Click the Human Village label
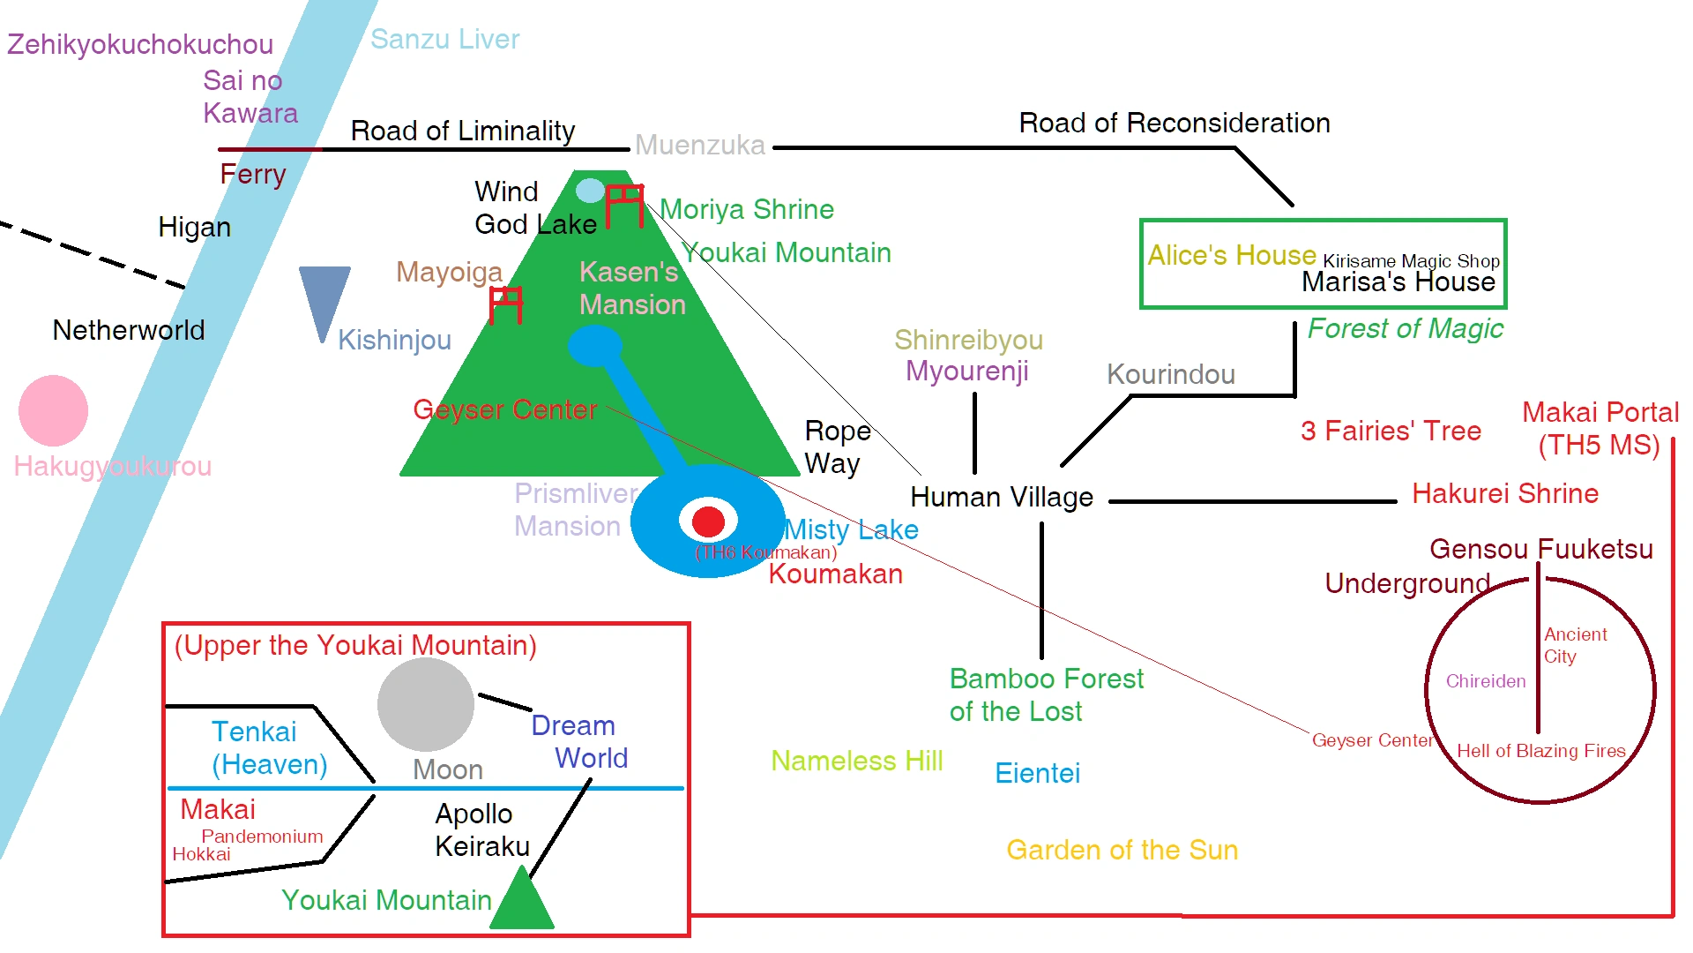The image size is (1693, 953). click(x=1001, y=498)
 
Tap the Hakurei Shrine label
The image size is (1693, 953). click(x=1504, y=493)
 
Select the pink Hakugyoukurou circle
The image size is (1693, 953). click(x=53, y=410)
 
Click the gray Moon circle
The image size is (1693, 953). click(x=426, y=704)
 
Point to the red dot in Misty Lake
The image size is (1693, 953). click(x=708, y=522)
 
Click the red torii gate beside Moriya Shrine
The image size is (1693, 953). click(x=624, y=205)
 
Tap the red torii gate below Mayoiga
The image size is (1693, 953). click(x=506, y=304)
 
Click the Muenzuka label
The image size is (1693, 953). click(x=699, y=145)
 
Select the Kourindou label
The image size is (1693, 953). click(x=1170, y=374)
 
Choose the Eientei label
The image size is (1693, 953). click(x=1037, y=773)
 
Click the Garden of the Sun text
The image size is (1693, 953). click(x=1122, y=850)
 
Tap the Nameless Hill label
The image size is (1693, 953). click(x=856, y=761)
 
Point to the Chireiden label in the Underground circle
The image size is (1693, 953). click(x=1485, y=681)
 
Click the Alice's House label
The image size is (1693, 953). click(x=1231, y=255)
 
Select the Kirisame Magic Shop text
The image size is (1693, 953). click(x=1411, y=261)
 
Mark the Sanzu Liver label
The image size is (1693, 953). click(x=444, y=39)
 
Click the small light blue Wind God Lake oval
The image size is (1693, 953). click(x=590, y=191)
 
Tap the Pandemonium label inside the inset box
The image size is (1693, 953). click(x=262, y=837)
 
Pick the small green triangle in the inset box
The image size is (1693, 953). click(x=522, y=900)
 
